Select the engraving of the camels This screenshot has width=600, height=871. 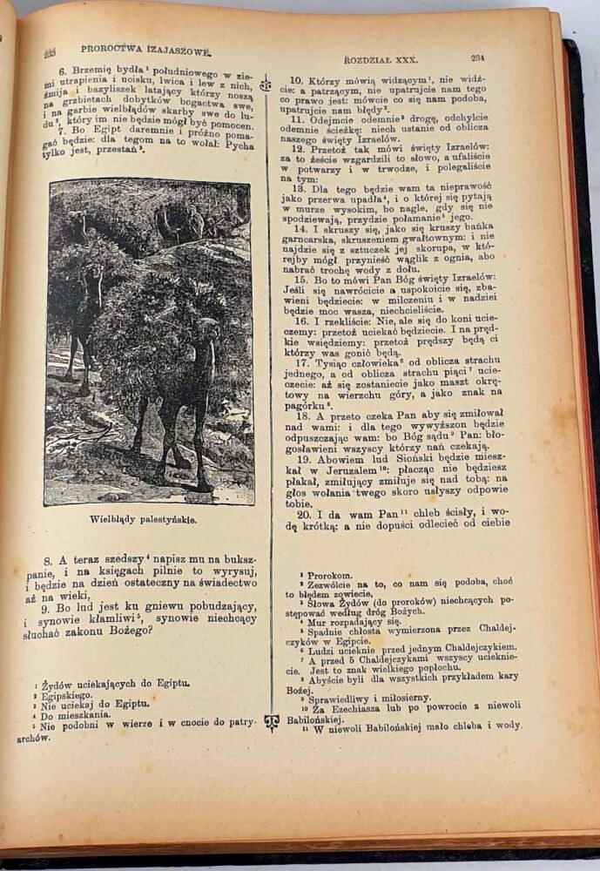(x=150, y=341)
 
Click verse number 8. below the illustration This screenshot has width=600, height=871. (x=51, y=559)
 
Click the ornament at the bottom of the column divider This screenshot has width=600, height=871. (x=271, y=723)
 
